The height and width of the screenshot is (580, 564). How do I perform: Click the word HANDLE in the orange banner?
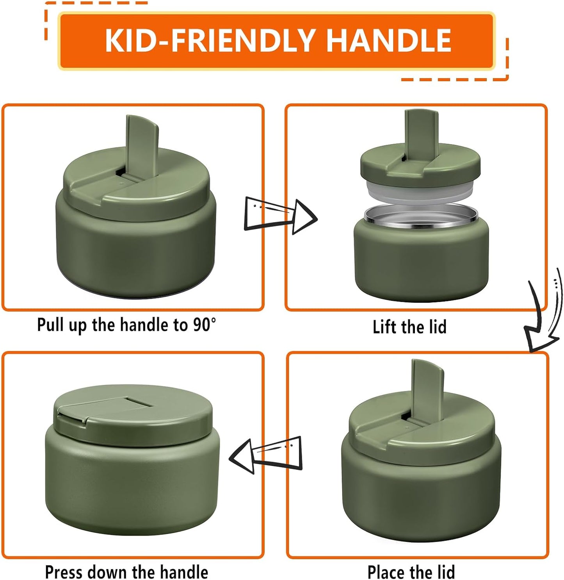coord(388,40)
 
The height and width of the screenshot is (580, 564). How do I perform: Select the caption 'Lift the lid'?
coord(409,327)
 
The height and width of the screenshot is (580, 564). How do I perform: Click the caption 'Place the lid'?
coord(411,572)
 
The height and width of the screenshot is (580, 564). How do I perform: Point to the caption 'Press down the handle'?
coord(126,572)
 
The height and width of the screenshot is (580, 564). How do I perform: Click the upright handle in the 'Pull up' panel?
coord(142,145)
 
